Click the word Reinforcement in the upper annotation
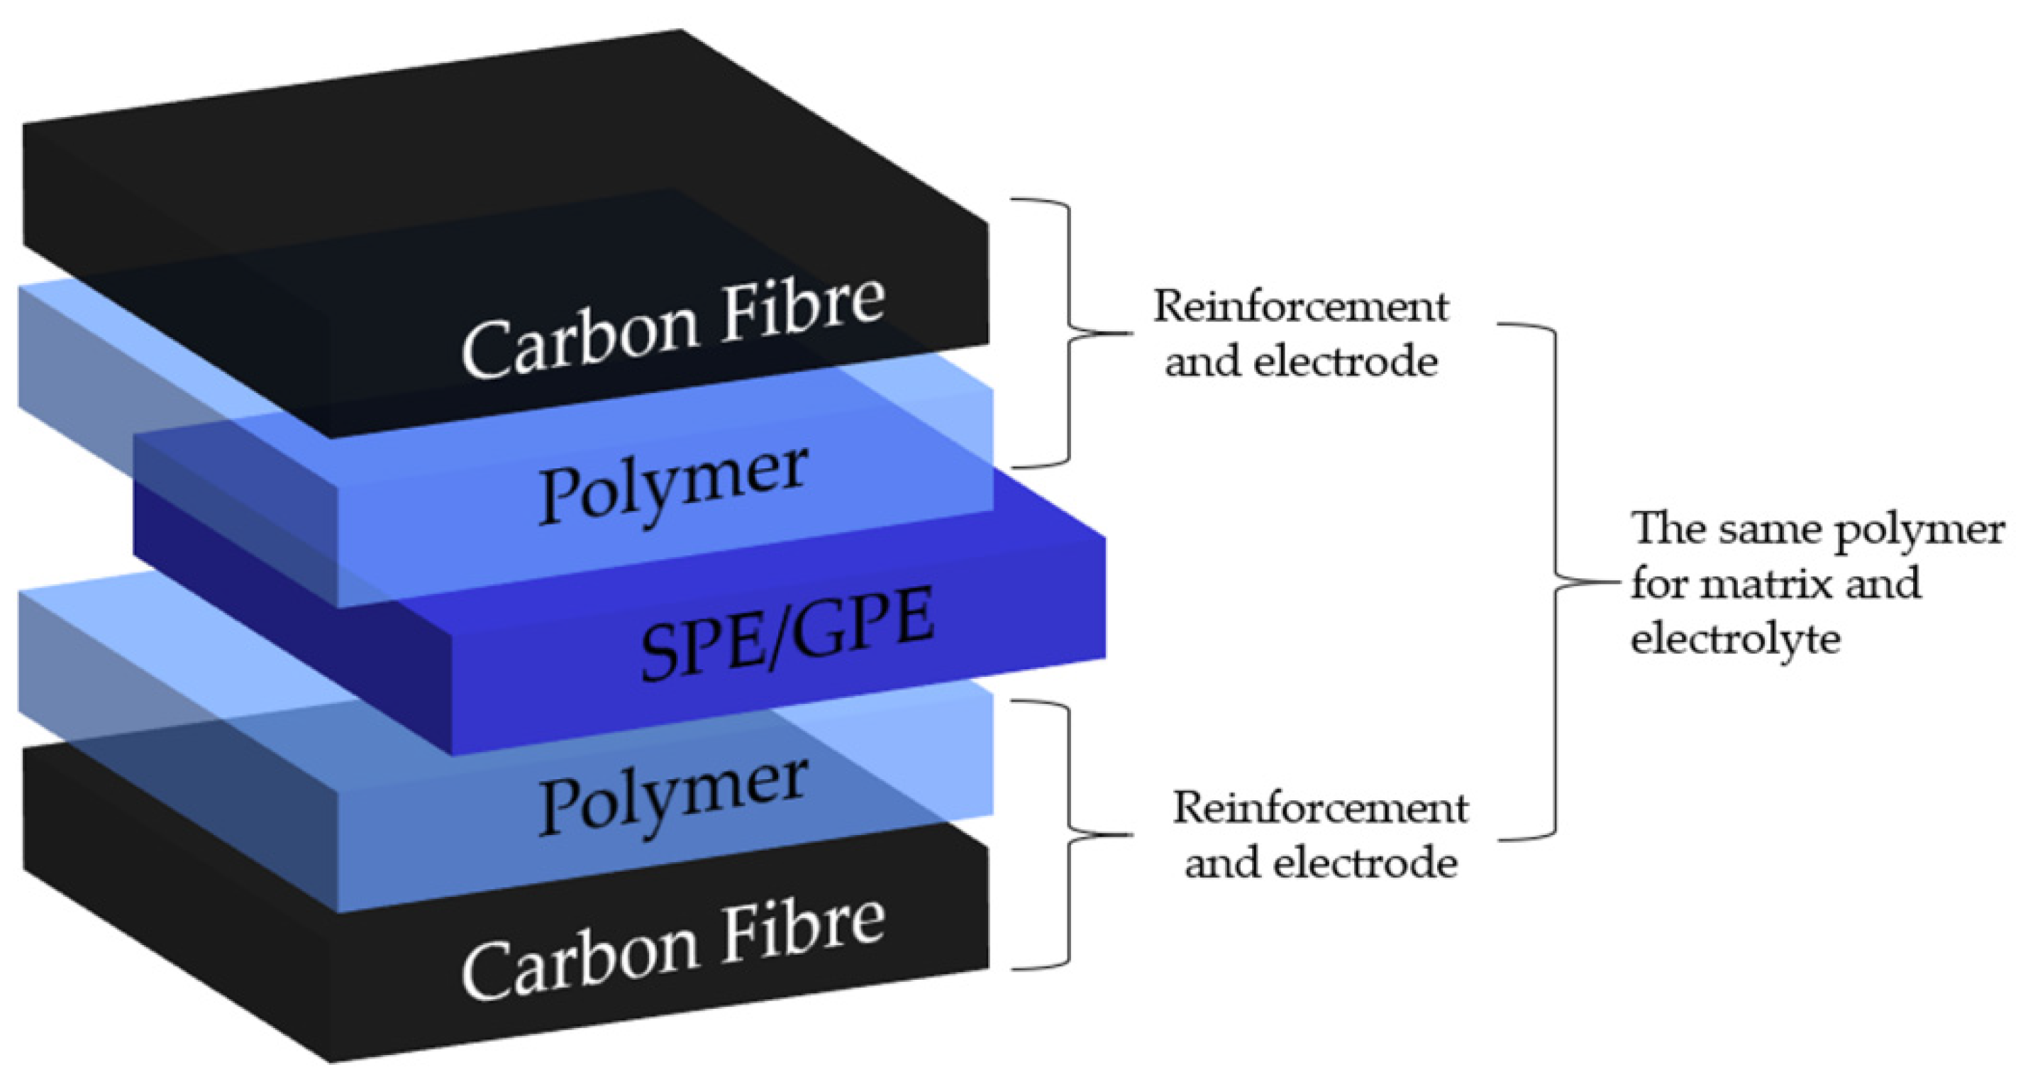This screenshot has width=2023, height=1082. tap(1299, 307)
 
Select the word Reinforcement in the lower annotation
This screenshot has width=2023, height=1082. tap(1319, 807)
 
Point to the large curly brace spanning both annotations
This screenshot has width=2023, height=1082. tap(1555, 583)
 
